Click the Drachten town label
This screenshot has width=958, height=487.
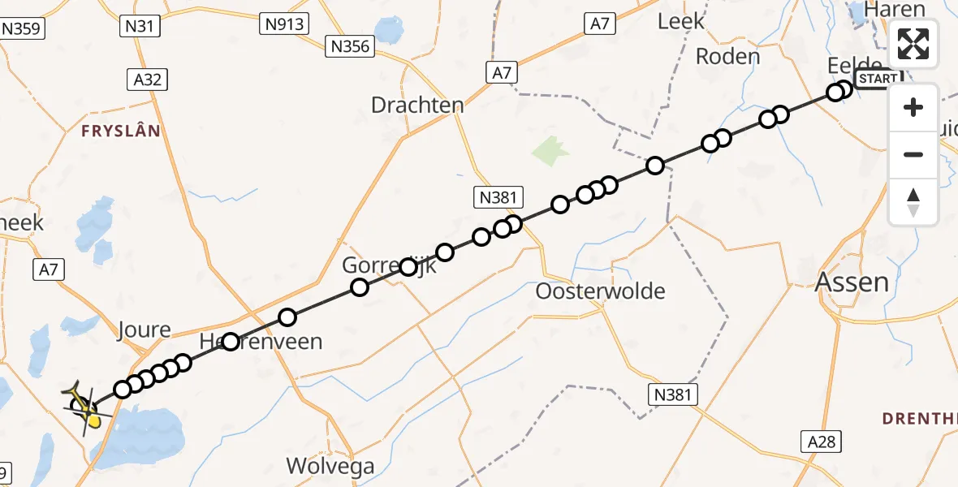point(417,105)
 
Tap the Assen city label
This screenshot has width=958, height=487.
point(852,282)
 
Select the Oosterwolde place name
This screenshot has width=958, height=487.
point(601,291)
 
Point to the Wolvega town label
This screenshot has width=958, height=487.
point(330,466)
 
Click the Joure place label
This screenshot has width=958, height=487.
point(145,330)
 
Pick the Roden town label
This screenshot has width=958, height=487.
point(727,57)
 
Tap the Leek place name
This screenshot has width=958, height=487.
point(680,22)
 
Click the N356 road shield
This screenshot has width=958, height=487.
point(351,46)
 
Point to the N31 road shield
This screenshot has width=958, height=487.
point(139,27)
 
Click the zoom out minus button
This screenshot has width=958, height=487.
point(913,154)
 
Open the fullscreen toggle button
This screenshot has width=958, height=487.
point(913,44)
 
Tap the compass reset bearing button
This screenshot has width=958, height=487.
point(913,201)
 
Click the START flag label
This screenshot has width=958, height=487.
point(878,79)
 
